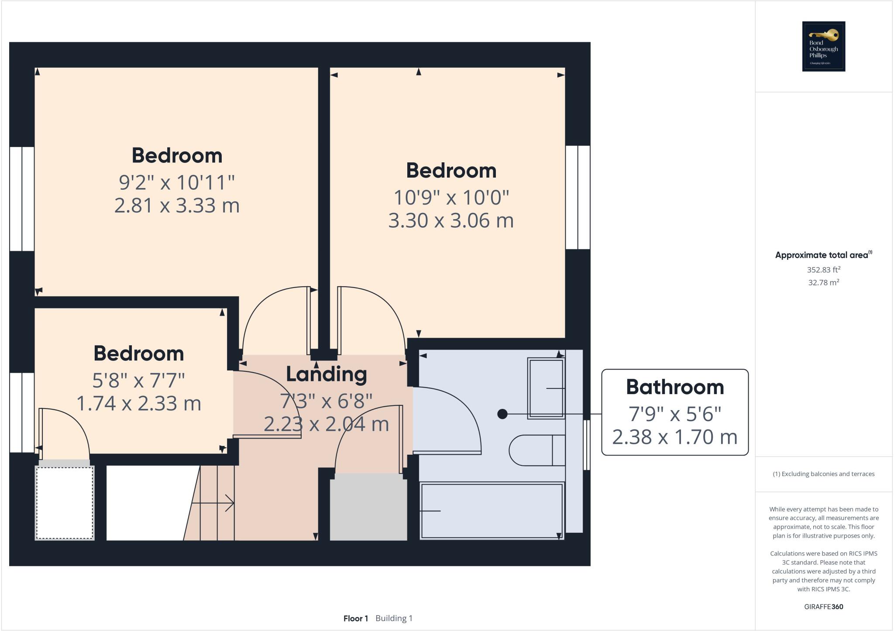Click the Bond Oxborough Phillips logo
coord(823,46)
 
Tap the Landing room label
coord(326,374)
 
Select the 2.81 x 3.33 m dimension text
coord(177,206)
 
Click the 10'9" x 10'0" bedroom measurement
coord(451,197)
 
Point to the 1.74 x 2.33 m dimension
coord(139,403)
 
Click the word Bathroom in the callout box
coord(675,387)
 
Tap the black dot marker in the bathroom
coord(502,414)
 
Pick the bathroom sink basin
coord(546,388)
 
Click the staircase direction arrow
coord(214,503)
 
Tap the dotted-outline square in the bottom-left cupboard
coord(65,503)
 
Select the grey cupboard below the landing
coord(368,509)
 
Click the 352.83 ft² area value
coord(823,270)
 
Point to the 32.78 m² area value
coord(823,282)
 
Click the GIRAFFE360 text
coord(823,607)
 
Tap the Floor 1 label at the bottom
coord(355,618)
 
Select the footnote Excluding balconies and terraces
coord(823,474)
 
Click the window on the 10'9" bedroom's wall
coord(578,197)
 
